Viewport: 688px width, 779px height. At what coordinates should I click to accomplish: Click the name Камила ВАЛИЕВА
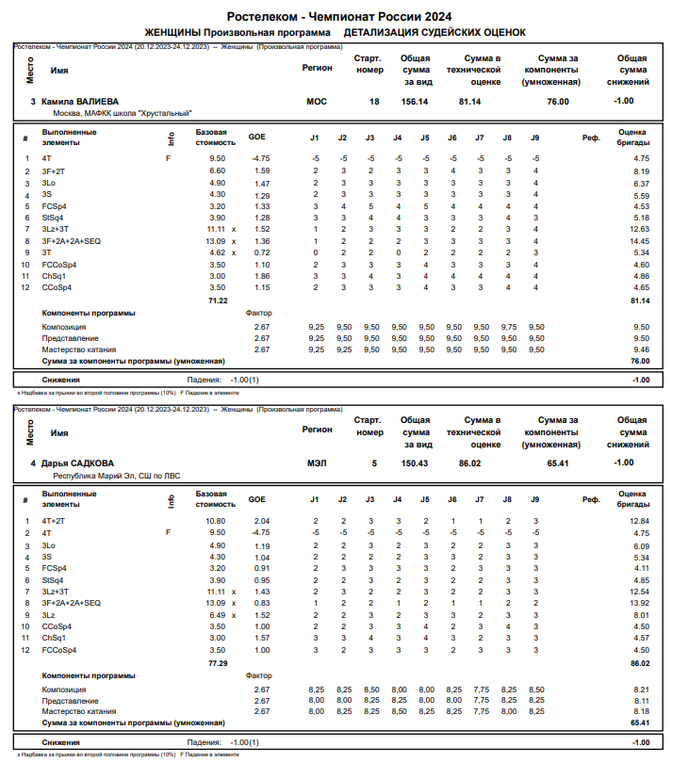[79, 101]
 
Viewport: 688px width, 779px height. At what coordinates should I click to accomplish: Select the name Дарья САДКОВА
[77, 463]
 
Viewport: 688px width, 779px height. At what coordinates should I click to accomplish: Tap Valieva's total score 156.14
[415, 101]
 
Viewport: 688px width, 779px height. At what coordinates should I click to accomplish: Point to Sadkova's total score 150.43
[415, 463]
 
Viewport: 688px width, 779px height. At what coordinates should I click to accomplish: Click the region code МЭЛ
[317, 463]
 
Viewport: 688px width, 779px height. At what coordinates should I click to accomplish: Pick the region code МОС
[317, 101]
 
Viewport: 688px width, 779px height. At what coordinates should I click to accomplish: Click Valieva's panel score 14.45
[640, 241]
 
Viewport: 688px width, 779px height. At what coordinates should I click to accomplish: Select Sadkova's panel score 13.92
[640, 603]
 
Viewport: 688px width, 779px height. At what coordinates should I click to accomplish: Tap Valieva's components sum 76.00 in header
[558, 101]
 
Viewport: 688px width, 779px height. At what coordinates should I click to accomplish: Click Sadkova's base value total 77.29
[219, 663]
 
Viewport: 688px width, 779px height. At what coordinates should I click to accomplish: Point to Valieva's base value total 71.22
[219, 300]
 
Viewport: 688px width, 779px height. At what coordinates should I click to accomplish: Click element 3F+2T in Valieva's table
[54, 171]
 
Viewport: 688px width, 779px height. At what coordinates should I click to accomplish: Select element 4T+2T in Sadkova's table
[54, 521]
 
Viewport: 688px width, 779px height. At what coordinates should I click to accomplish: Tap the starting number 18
[374, 101]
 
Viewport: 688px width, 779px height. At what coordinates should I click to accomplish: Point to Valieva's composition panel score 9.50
[640, 326]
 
